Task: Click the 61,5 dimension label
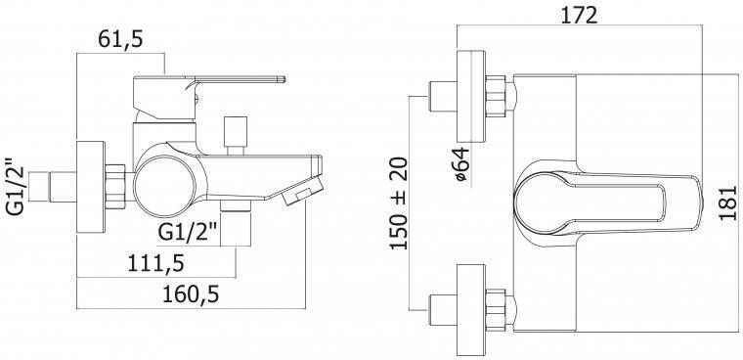[x=120, y=39]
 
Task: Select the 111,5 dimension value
[x=155, y=264]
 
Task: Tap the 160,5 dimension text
[x=191, y=295]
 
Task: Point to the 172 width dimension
[x=579, y=16]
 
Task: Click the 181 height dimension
[x=727, y=203]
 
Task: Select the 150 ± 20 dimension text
[x=399, y=203]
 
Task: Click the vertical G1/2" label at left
[x=16, y=186]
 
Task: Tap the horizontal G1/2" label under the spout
[x=187, y=233]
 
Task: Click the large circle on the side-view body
[x=164, y=186]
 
